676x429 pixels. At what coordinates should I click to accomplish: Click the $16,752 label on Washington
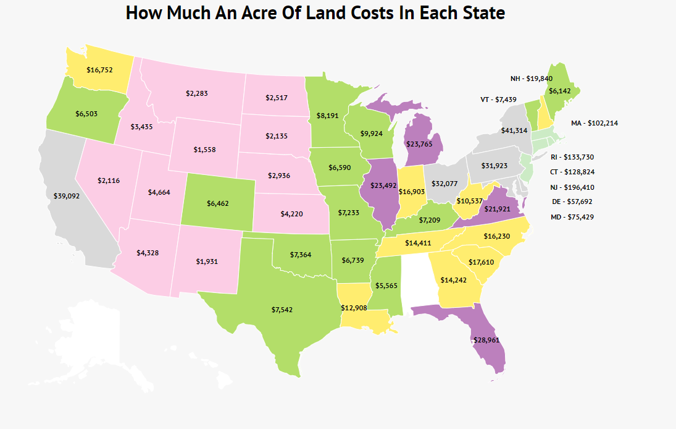[x=99, y=70]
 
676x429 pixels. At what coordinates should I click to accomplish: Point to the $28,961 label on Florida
[x=485, y=340]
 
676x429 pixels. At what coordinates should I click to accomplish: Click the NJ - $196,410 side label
[x=572, y=187]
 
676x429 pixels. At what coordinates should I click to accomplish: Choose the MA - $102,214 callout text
[x=595, y=123]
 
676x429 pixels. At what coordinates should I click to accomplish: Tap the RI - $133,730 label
[x=572, y=157]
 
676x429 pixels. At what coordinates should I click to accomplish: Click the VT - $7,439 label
[x=498, y=99]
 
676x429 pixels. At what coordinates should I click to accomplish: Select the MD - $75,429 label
[x=572, y=217]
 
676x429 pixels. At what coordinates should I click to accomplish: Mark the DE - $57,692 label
[x=572, y=202]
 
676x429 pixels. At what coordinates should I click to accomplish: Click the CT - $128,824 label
[x=572, y=172]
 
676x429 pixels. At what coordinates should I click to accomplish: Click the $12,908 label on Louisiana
[x=354, y=307]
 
